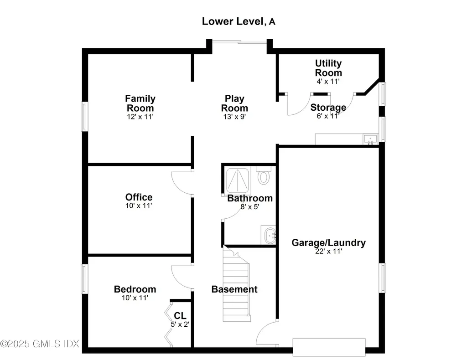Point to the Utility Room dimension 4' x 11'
[x=328, y=81]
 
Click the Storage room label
[x=328, y=108]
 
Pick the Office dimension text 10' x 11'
[x=139, y=206]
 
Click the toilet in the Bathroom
[x=263, y=176]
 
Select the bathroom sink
[x=269, y=235]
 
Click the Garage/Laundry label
[x=328, y=242]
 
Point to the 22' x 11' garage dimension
[x=328, y=251]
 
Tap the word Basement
[x=234, y=289]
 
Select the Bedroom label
[x=135, y=289]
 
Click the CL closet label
[x=180, y=316]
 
